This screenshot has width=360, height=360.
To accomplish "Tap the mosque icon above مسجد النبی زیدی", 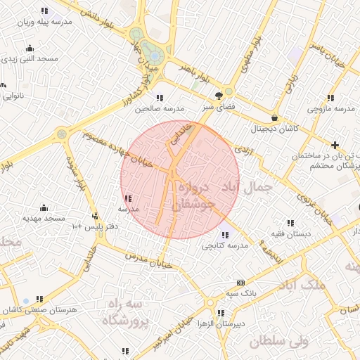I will pos(30,49).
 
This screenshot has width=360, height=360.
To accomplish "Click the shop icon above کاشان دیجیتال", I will pos(274,117).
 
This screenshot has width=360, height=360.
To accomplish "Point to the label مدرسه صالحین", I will pos(160,109).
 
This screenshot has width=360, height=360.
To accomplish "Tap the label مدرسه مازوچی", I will pos(333,109).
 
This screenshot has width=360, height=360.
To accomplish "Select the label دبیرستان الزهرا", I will pos(220,324).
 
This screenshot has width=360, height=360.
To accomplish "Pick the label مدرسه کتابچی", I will pos(224,246).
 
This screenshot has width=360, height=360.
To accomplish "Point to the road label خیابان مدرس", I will pos(148,258).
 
